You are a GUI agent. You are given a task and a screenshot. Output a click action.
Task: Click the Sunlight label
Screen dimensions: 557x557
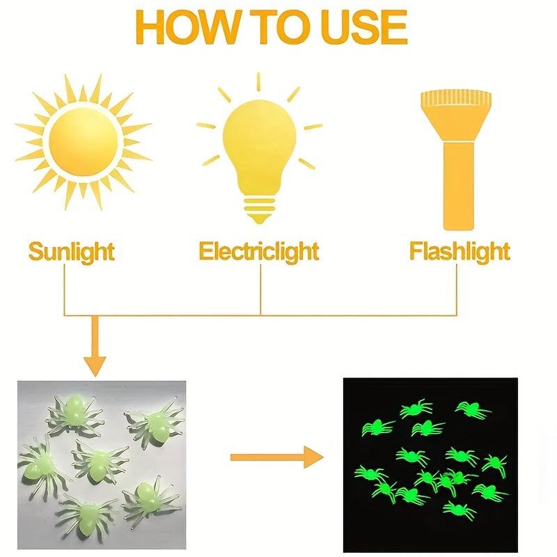(x=72, y=252)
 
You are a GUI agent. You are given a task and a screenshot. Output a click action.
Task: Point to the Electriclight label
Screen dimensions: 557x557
(x=258, y=252)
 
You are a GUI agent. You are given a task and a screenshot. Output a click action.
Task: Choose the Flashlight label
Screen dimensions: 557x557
(x=460, y=252)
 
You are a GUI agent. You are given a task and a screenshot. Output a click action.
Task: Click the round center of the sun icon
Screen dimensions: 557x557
(x=84, y=141)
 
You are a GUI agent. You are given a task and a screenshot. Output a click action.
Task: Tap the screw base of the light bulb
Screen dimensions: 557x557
(x=259, y=210)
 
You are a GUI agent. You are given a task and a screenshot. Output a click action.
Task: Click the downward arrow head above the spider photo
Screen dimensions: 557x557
(x=95, y=366)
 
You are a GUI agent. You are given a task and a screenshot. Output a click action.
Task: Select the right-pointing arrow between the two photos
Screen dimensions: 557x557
(x=276, y=457)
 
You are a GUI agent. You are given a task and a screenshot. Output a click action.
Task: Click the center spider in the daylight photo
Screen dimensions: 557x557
(x=99, y=462)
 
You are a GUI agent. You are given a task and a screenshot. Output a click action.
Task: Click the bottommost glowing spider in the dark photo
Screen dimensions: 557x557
(x=459, y=510)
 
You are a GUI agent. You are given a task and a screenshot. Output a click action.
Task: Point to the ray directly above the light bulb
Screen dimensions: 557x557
(x=258, y=81)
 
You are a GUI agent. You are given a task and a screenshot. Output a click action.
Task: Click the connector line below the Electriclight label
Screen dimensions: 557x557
(x=260, y=290)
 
